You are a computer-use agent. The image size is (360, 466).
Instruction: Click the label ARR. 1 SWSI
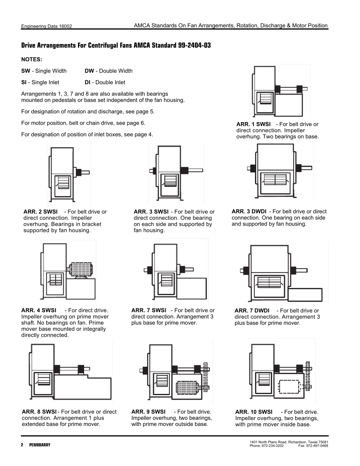coord(253,124)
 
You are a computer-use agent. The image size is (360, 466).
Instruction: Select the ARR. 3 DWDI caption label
coord(249,211)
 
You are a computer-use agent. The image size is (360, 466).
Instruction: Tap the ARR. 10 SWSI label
coord(254,412)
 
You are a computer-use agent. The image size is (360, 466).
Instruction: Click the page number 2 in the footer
coord(22,445)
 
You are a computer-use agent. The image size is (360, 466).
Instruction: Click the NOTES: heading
coord(31,59)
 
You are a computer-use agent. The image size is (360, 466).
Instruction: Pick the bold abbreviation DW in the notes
coord(89,71)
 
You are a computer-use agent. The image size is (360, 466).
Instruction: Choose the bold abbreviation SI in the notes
coord(25,82)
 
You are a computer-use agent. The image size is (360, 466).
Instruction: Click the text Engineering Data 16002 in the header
coord(46,27)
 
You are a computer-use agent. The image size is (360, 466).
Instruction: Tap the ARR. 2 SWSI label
coord(41,212)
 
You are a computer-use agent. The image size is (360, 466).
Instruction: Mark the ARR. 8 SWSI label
coord(39,412)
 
